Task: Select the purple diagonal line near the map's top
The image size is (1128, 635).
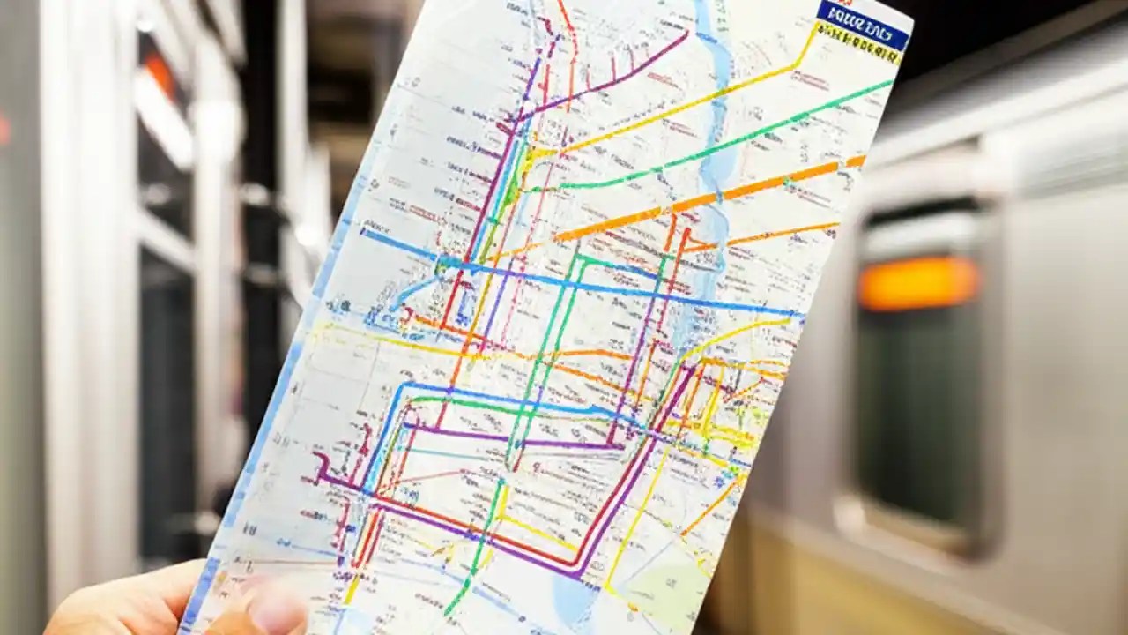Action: pos(608,75)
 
